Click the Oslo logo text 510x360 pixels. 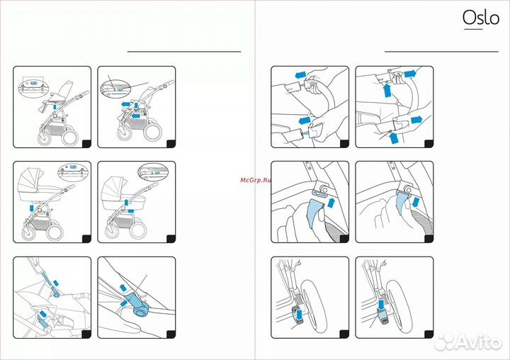click(481, 17)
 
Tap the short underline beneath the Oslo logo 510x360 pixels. click(473, 29)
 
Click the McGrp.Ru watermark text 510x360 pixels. click(256, 180)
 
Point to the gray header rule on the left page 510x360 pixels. click(184, 52)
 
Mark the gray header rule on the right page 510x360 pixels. click(441, 52)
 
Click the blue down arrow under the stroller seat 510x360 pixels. click(55, 107)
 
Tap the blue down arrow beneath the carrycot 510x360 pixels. click(32, 208)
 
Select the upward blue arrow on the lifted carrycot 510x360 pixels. click(127, 202)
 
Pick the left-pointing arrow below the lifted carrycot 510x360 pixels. click(131, 211)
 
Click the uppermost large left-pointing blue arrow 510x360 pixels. click(301, 75)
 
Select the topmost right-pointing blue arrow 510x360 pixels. click(410, 73)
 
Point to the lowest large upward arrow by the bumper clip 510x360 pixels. click(394, 137)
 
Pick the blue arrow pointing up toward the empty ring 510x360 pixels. click(331, 202)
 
